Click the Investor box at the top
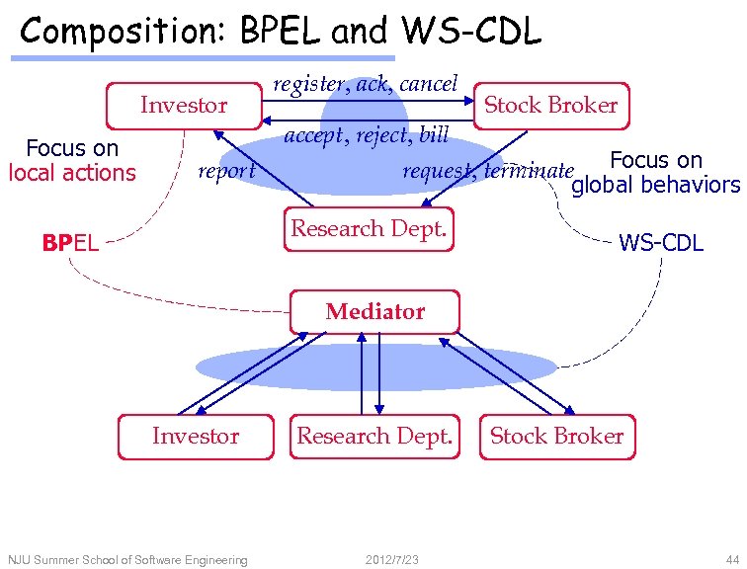pyautogui.click(x=184, y=105)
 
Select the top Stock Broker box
pyautogui.click(x=550, y=105)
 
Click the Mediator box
pyautogui.click(x=374, y=312)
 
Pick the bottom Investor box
pyautogui.click(x=196, y=437)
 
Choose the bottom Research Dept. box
pyautogui.click(x=374, y=437)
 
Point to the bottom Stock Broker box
pyautogui.click(x=556, y=437)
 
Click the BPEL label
pyautogui.click(x=70, y=242)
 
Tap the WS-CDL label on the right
pyautogui.click(x=660, y=242)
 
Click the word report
pyautogui.click(x=226, y=171)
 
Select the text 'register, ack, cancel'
pyautogui.click(x=365, y=84)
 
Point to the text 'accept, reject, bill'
pyautogui.click(x=366, y=134)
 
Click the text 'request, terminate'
pyautogui.click(x=487, y=170)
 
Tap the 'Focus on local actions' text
pyautogui.click(x=72, y=161)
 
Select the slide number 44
pyautogui.click(x=731, y=560)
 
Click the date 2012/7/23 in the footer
pyautogui.click(x=391, y=560)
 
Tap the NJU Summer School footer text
pyautogui.click(x=127, y=560)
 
